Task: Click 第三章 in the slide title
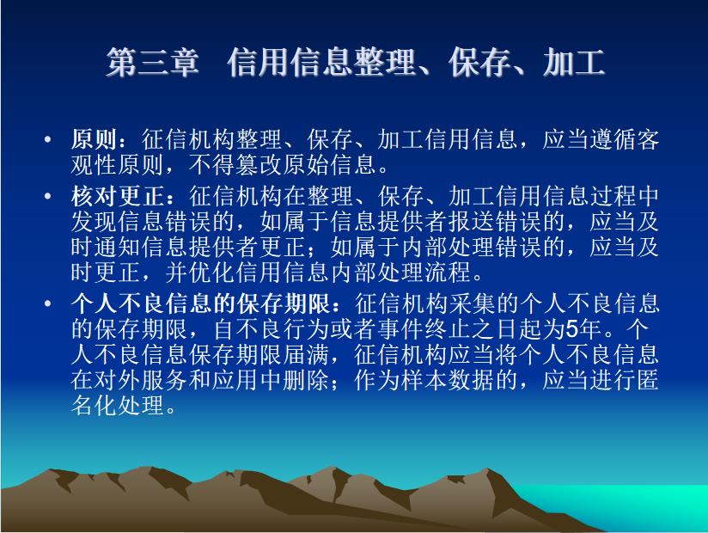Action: coord(153,63)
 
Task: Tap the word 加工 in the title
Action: coord(574,63)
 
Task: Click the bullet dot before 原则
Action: coord(48,139)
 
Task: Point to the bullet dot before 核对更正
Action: coord(48,196)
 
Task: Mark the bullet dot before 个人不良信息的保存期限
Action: coord(48,303)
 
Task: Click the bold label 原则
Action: coord(95,139)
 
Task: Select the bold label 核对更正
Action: coord(118,196)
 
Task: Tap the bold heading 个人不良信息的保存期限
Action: coord(200,303)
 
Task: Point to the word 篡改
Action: coord(259,164)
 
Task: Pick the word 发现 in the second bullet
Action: coord(95,221)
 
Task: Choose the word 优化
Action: coord(211,272)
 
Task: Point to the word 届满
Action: coord(306,354)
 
